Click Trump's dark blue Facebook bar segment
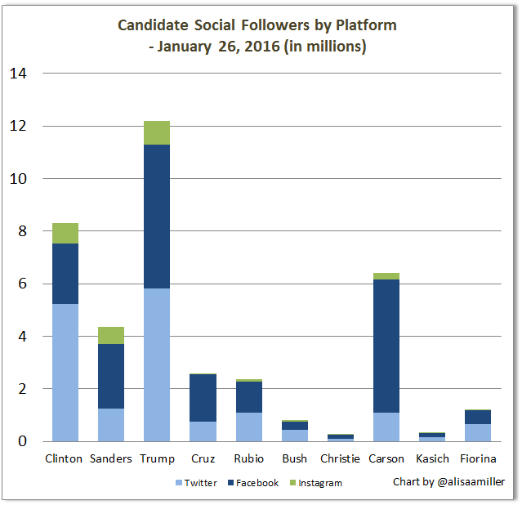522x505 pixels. [157, 217]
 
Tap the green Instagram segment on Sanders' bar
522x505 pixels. [111, 335]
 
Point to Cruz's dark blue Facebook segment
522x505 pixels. [203, 397]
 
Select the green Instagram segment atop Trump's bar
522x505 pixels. [157, 132]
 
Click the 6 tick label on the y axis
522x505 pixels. [23, 284]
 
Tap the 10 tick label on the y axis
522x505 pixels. [18, 178]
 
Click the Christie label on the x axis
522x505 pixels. [340, 458]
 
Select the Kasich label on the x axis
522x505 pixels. [432, 458]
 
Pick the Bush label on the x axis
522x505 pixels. [294, 458]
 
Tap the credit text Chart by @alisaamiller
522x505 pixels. [448, 482]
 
